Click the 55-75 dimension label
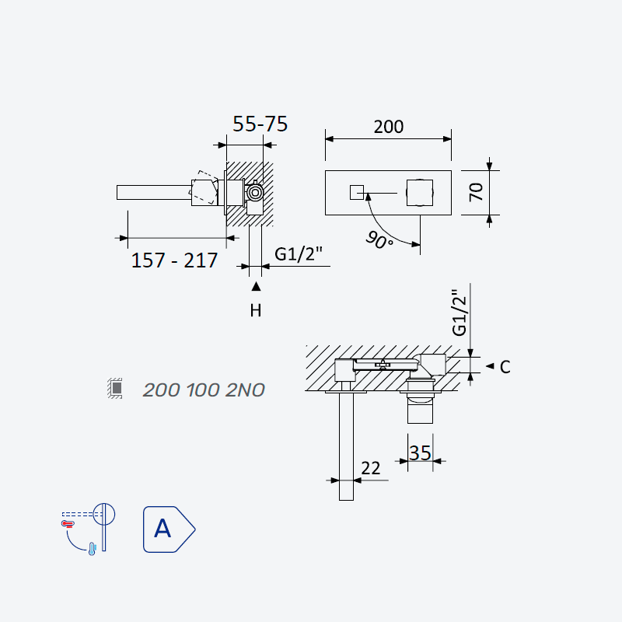[x=260, y=124]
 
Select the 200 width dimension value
[x=388, y=127]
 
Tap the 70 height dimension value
[x=476, y=192]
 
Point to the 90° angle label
[x=379, y=240]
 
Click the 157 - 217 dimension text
[x=174, y=260]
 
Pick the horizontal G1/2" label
[x=299, y=254]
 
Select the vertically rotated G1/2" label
[x=460, y=313]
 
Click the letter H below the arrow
[x=256, y=310]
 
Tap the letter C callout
[x=505, y=367]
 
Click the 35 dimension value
[x=420, y=453]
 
